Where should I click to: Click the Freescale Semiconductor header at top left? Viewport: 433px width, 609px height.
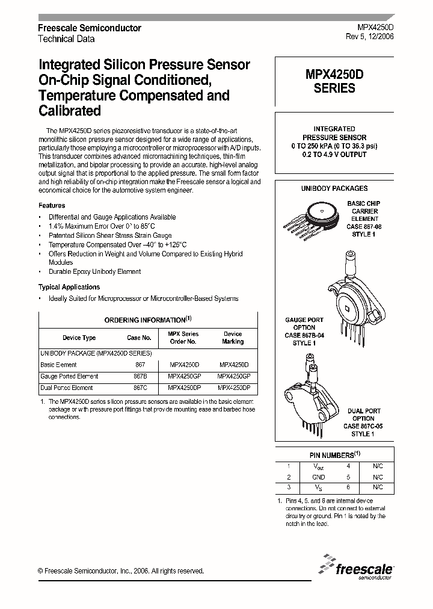[90, 28]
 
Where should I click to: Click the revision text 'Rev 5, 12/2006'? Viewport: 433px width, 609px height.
[370, 38]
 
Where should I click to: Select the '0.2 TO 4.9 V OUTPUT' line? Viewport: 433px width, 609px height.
[334, 155]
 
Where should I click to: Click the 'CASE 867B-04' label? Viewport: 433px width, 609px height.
[304, 335]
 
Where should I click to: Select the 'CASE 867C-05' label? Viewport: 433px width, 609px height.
[363, 426]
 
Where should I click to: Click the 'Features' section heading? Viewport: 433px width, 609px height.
[52, 205]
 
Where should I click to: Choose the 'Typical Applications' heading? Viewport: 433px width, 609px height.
[69, 287]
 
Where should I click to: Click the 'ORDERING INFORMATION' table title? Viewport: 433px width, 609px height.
[147, 320]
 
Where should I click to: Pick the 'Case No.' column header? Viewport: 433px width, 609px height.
[139, 338]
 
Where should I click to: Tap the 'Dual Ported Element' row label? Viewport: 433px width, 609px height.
[67, 388]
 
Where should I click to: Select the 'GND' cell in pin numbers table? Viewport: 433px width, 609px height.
[318, 477]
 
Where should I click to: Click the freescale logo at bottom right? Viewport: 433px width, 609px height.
[358, 567]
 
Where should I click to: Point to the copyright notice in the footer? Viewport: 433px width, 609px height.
[121, 571]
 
